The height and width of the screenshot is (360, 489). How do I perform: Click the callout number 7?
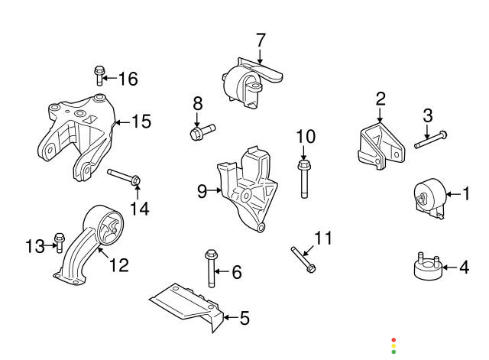pyautogui.click(x=260, y=39)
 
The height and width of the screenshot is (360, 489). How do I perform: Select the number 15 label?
pyautogui.click(x=141, y=122)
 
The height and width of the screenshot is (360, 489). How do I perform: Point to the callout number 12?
pyautogui.click(x=118, y=265)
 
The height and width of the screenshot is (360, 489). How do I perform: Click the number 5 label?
pyautogui.click(x=244, y=317)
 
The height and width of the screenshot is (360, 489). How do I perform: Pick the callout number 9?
pyautogui.click(x=202, y=192)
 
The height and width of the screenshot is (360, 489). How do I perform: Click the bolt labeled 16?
pyautogui.click(x=99, y=75)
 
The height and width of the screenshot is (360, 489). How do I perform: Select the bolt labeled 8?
pyautogui.click(x=201, y=132)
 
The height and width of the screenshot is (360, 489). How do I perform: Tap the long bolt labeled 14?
pyautogui.click(x=125, y=177)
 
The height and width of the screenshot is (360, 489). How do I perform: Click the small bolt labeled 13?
pyautogui.click(x=59, y=242)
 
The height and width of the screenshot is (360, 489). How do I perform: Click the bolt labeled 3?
pyautogui.click(x=430, y=140)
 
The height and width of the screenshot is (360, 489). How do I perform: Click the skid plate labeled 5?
pyautogui.click(x=187, y=304)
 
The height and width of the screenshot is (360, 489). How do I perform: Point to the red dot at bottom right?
pyautogui.click(x=393, y=339)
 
